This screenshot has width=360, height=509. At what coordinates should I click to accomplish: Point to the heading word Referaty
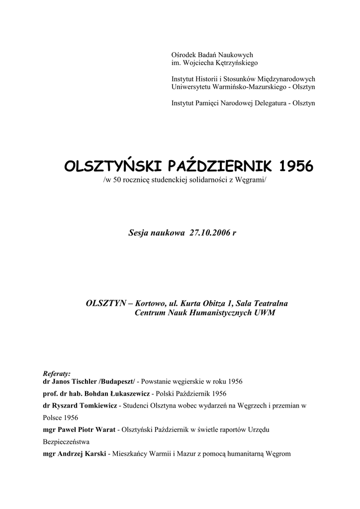tap(57, 373)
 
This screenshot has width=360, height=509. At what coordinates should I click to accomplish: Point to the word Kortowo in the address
tap(153, 304)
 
